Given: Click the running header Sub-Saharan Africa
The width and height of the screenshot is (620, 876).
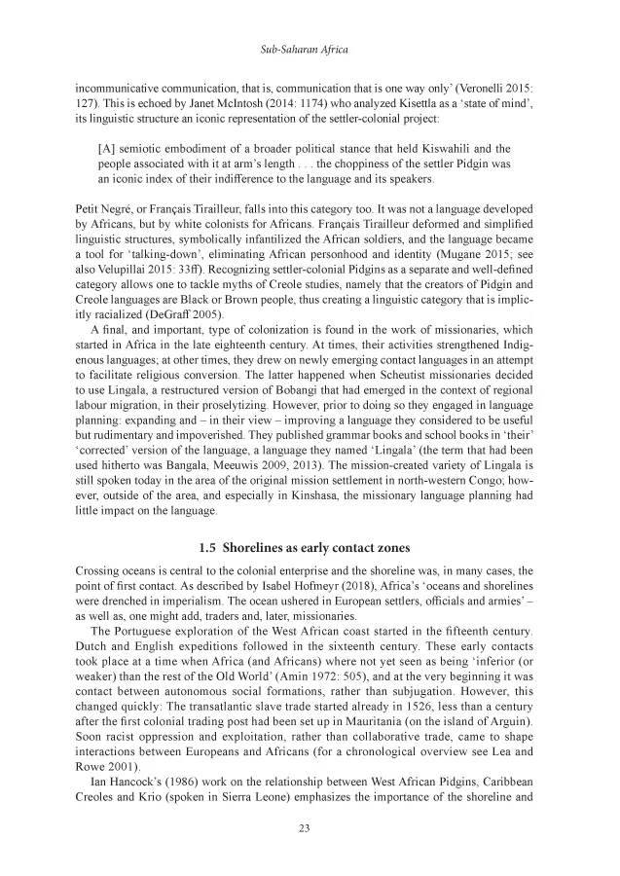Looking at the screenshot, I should pyautogui.click(x=310, y=47).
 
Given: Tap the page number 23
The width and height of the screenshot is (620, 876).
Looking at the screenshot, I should pyautogui.click(x=310, y=828).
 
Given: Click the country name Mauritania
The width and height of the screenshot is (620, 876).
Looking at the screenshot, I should pyautogui.click(x=382, y=708).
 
